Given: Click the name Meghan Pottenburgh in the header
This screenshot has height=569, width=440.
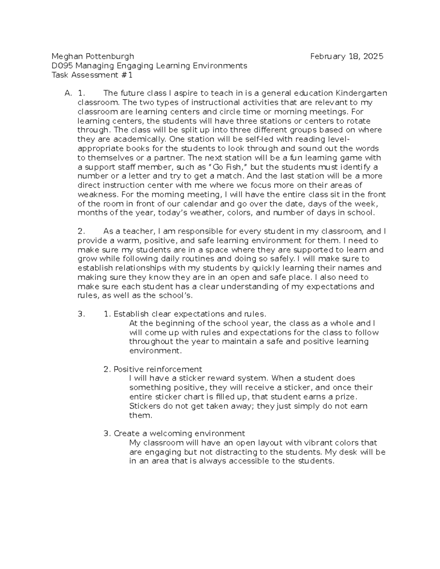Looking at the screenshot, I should click(x=93, y=56).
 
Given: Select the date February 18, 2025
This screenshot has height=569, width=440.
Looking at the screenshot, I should click(x=346, y=56).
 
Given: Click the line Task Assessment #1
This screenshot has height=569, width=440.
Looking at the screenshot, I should click(x=92, y=75).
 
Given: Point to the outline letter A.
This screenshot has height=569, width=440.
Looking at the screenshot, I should click(x=67, y=93).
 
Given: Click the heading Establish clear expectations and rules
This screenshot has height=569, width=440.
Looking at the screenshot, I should click(x=190, y=314).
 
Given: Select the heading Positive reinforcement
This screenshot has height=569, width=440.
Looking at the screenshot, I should click(x=158, y=369).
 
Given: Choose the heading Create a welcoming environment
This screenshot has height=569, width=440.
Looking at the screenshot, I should click(x=179, y=434).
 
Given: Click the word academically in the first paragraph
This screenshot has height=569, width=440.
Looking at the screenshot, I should click(x=140, y=139).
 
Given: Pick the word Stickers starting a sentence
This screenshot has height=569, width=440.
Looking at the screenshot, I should click(x=144, y=406).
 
